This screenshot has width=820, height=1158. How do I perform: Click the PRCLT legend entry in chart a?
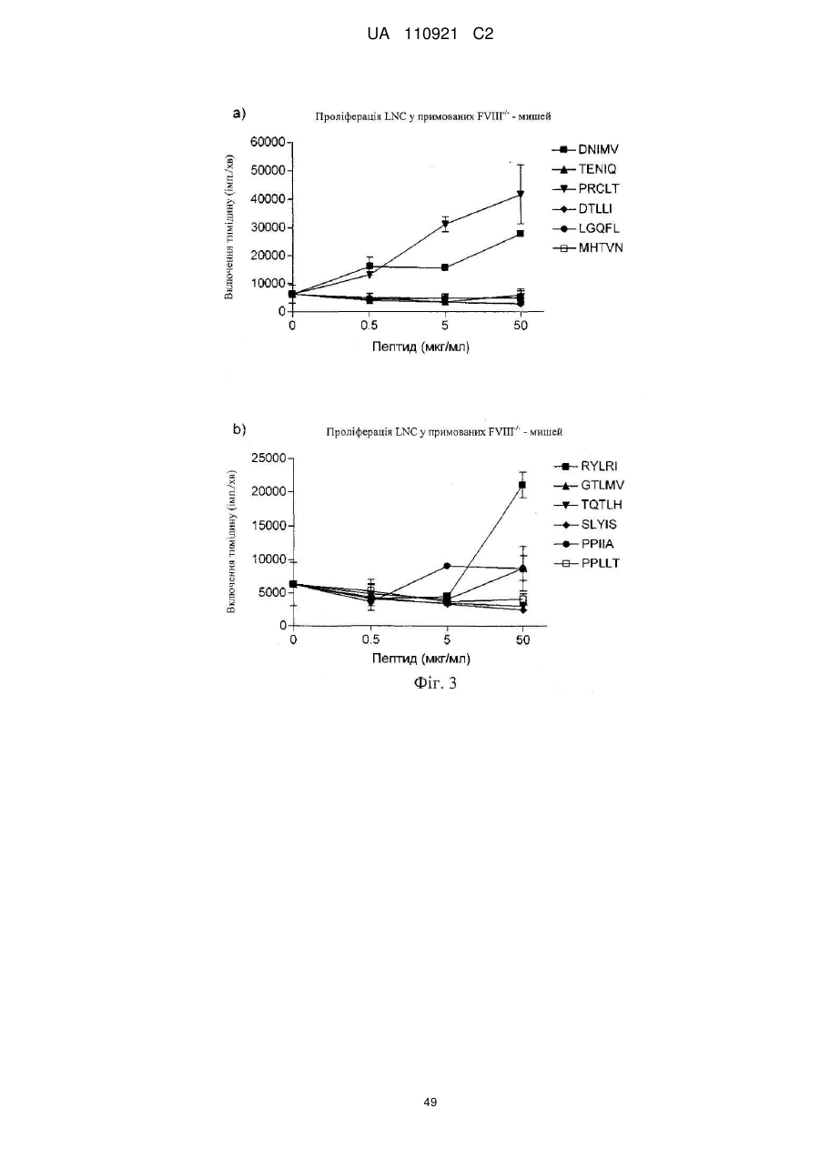586,188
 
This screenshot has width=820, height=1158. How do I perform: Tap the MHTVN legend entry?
588,248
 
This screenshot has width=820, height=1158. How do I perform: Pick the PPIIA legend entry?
584,544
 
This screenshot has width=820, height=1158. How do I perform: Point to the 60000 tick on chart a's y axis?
268,142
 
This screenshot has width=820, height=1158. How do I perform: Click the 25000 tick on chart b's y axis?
269,458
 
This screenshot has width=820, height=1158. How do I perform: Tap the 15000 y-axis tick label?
269,526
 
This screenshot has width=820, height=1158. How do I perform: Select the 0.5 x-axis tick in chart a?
369,325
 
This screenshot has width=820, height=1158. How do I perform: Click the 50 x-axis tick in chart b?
523,640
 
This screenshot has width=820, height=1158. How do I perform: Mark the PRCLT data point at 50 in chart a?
521,195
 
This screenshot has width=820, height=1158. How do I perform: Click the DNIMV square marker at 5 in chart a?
445,267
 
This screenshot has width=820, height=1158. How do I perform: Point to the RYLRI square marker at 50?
522,485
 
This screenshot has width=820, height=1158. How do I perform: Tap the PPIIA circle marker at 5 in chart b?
447,566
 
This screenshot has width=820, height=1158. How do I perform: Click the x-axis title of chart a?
420,347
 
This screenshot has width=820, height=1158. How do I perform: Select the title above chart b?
444,432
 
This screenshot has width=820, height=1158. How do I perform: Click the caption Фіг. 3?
435,683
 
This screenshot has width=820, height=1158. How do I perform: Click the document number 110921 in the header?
430,35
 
